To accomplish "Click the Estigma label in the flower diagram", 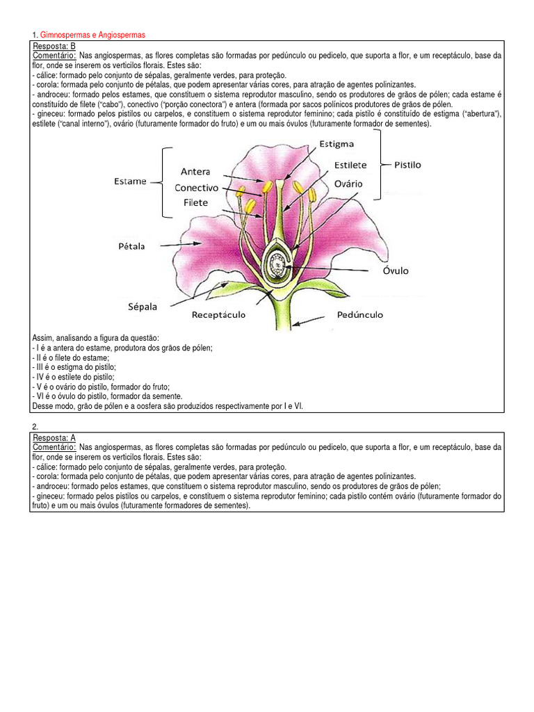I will click(337, 144).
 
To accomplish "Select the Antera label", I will click(195, 171).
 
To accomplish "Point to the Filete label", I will click(196, 203).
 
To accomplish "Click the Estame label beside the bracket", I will click(130, 181).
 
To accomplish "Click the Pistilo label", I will click(407, 165).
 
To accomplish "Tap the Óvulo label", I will click(395, 270).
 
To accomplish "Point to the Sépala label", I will click(143, 306).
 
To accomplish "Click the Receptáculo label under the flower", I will click(218, 315).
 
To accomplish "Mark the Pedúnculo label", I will click(359, 315).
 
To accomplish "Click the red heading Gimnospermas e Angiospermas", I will click(93, 35).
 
